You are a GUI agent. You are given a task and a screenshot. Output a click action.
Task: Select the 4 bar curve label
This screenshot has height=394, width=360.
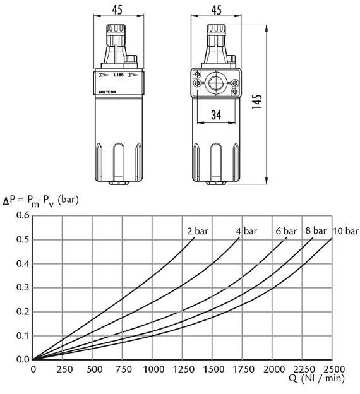click(x=248, y=231)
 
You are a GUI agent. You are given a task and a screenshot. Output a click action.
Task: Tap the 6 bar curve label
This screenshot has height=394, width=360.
click(x=286, y=231)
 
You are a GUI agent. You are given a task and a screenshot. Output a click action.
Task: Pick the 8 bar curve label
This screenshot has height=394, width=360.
click(x=316, y=230)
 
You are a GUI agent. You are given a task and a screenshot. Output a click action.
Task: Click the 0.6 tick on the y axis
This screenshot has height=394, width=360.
click(x=23, y=215)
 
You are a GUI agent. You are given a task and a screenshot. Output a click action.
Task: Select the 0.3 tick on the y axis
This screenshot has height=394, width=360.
click(x=23, y=288)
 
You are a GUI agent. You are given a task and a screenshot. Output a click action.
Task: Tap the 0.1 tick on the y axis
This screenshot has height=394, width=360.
click(x=23, y=336)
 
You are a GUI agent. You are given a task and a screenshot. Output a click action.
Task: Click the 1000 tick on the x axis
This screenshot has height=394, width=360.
click(x=153, y=370)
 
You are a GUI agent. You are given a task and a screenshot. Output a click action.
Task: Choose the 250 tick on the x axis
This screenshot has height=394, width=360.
click(x=63, y=370)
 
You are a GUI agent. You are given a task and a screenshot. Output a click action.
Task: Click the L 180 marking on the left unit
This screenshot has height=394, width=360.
click(x=117, y=75)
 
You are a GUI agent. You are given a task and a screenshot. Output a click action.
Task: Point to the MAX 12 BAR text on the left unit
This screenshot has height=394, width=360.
click(x=112, y=93)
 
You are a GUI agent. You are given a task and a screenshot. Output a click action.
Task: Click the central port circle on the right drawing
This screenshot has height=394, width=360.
click(x=215, y=83)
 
